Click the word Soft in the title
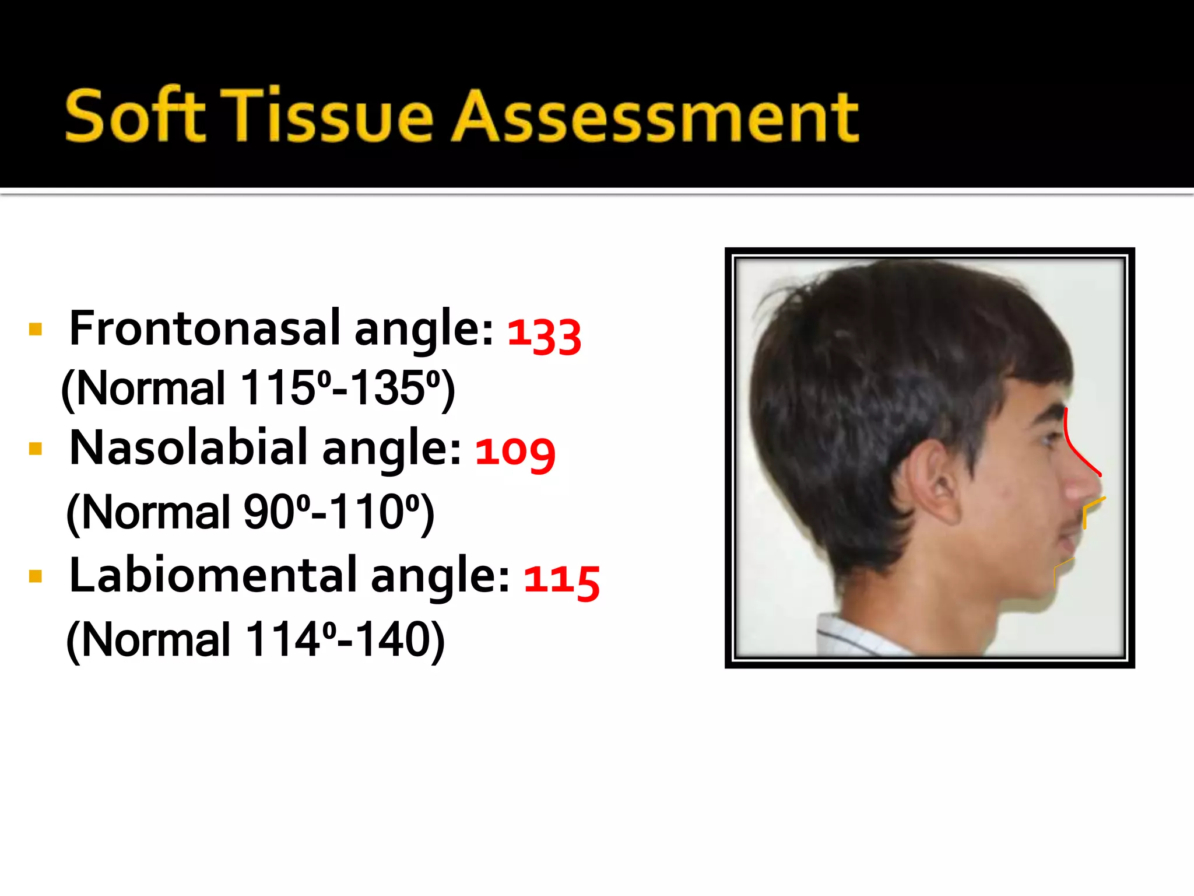(x=135, y=116)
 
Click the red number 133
(x=544, y=335)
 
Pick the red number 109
(x=515, y=453)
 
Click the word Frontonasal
(x=204, y=328)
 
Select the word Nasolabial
(x=188, y=448)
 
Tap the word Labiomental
(x=212, y=575)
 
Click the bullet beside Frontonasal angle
(x=36, y=330)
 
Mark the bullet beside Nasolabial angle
(x=36, y=449)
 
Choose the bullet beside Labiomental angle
(x=36, y=577)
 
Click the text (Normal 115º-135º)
(x=258, y=388)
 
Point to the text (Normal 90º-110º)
(x=251, y=512)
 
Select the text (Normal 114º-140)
(x=255, y=639)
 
